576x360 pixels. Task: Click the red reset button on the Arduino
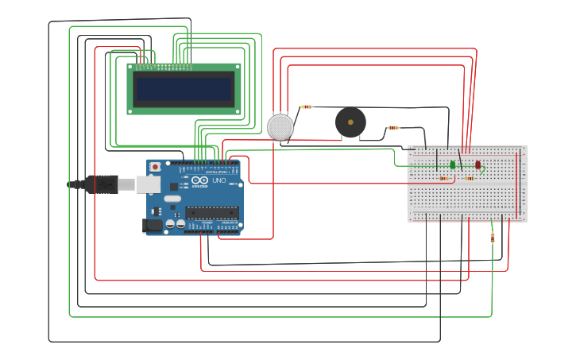[156, 167]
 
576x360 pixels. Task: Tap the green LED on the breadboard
[452, 165]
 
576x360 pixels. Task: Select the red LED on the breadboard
[478, 165]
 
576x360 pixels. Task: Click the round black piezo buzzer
[350, 122]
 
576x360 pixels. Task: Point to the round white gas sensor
[280, 126]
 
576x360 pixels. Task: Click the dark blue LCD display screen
[184, 88]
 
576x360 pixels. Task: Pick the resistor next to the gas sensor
[307, 106]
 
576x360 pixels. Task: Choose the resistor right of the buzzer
[392, 127]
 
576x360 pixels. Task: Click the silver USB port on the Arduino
[149, 184]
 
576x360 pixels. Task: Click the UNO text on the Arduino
[218, 181]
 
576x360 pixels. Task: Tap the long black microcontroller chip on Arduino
[212, 211]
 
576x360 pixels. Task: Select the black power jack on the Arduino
[153, 226]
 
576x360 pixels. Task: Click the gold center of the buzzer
[350, 122]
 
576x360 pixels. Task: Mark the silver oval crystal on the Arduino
[172, 197]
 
